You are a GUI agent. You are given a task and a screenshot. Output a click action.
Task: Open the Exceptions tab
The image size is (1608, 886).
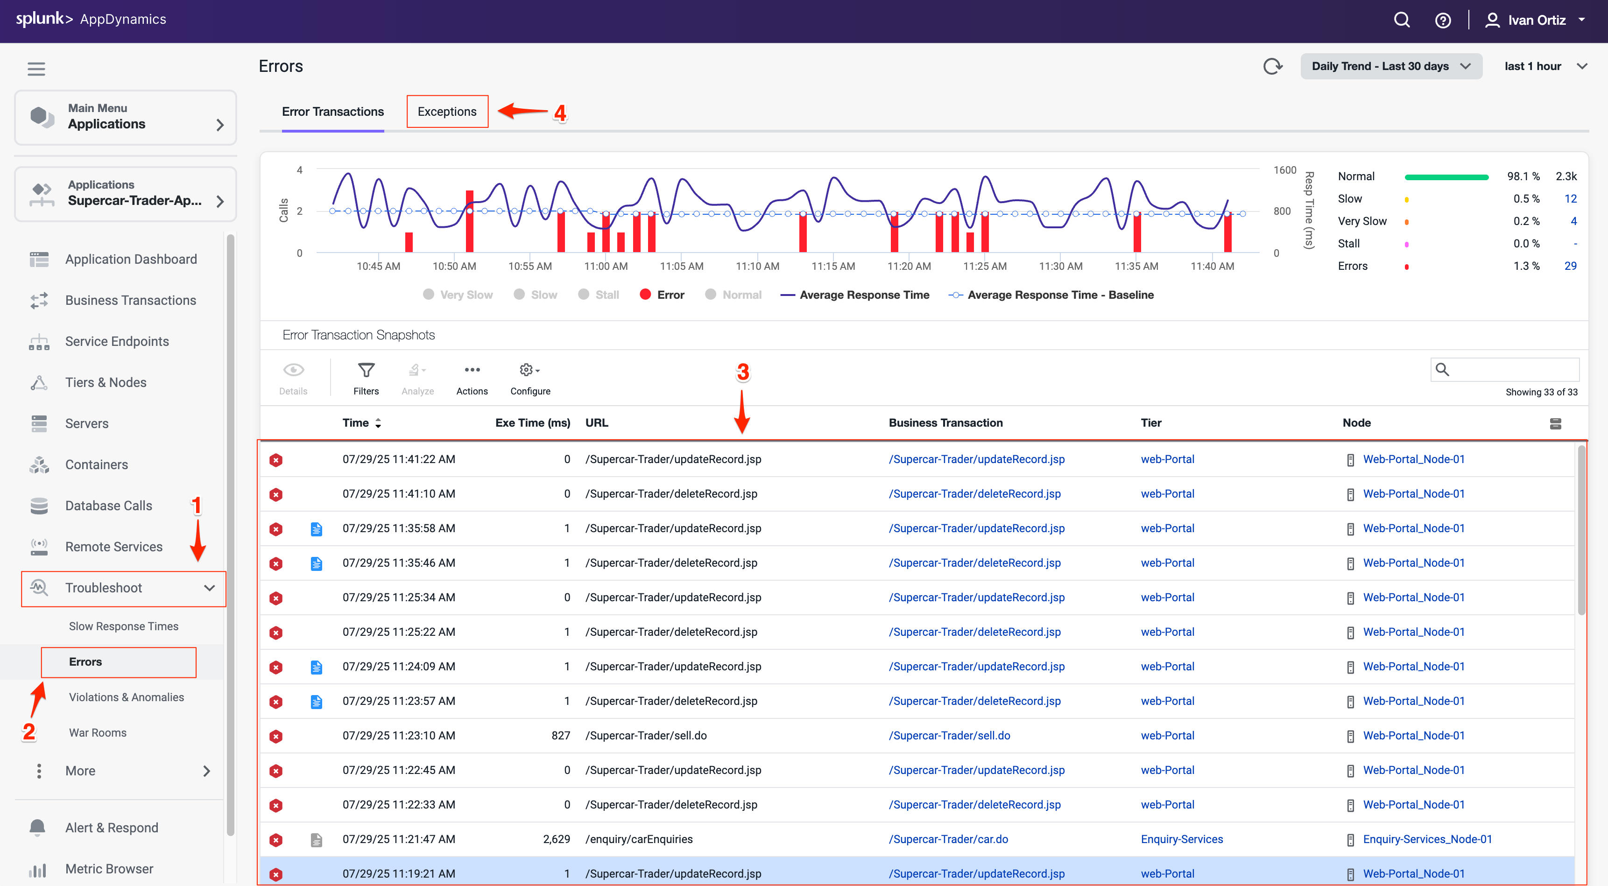(x=447, y=112)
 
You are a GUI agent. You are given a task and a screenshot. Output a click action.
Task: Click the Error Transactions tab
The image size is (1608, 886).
(x=333, y=112)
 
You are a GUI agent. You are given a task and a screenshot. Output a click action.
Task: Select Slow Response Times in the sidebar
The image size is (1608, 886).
(x=124, y=626)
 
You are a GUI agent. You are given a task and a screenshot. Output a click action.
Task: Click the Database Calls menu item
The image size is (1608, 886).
(x=109, y=506)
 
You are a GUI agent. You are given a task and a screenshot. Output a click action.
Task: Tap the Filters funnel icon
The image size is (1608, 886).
(x=366, y=371)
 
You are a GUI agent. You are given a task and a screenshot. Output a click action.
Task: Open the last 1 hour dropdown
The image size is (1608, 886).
(x=1545, y=66)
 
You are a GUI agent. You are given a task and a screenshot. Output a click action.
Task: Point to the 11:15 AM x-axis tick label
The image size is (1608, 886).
(x=833, y=267)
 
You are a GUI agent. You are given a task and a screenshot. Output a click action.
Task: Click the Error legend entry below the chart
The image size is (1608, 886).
(x=663, y=295)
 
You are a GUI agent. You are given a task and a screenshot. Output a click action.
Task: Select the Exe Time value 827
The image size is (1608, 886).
(x=561, y=736)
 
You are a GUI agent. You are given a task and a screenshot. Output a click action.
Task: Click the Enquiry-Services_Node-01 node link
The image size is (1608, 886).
(x=1427, y=839)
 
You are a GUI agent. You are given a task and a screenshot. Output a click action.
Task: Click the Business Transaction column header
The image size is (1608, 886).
(x=945, y=423)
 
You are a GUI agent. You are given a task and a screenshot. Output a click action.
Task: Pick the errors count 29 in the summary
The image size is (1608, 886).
(x=1570, y=266)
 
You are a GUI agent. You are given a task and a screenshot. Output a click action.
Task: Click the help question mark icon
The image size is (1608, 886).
(x=1443, y=21)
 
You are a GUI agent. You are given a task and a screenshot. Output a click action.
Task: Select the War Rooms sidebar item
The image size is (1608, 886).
(x=98, y=732)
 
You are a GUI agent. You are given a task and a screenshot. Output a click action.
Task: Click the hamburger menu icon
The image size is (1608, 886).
(x=36, y=69)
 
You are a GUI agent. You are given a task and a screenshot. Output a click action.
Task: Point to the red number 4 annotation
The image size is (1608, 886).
(x=560, y=113)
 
